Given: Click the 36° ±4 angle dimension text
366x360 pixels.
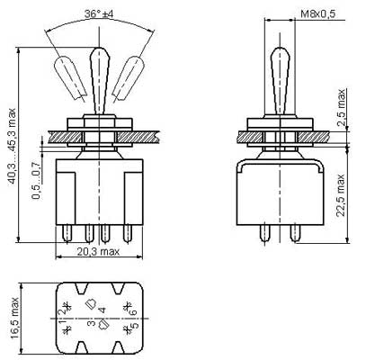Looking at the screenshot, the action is click(x=99, y=14).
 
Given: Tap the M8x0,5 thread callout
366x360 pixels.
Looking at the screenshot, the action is click(x=318, y=13).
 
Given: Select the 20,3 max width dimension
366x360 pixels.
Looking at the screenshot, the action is click(x=98, y=251).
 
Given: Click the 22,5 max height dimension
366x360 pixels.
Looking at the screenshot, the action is click(x=341, y=195).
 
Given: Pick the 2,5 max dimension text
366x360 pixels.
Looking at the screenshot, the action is click(x=341, y=108).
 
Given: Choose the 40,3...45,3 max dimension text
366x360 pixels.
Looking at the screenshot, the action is click(x=13, y=146).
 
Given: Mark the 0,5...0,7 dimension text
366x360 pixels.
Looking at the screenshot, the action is click(x=36, y=181).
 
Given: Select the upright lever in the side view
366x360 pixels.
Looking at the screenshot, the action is click(x=280, y=81).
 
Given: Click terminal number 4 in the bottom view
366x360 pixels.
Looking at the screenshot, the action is click(x=103, y=310).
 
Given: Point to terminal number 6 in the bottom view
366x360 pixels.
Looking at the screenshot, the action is click(x=133, y=311).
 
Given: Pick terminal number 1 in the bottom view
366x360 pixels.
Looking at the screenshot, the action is click(x=63, y=323).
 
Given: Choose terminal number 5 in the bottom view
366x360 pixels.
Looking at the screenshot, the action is click(x=135, y=325).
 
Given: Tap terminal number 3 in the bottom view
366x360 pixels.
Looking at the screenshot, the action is click(x=93, y=323).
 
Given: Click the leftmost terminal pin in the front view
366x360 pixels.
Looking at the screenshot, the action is click(x=67, y=233).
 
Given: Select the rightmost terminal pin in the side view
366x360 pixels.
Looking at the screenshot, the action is click(x=295, y=233).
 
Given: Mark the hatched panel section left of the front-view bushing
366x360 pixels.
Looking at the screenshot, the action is click(x=65, y=137).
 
